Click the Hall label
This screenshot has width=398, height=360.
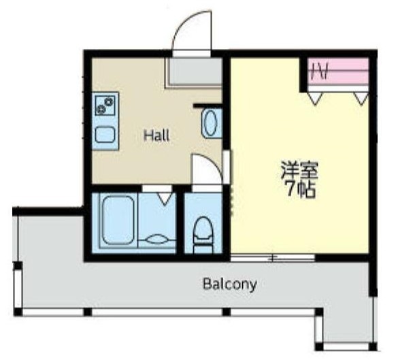(x=156, y=135)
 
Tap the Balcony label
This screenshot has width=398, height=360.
(x=229, y=284)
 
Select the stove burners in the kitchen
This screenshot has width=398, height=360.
(x=105, y=106)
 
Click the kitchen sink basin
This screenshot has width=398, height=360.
(x=105, y=133)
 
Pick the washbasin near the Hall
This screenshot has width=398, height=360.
(x=210, y=124)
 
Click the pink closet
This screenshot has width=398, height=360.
(x=338, y=71)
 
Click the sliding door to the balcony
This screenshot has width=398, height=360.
(x=272, y=257)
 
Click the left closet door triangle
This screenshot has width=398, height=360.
(x=314, y=99)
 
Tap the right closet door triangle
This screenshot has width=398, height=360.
(x=361, y=99)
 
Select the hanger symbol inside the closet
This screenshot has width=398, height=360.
(x=321, y=71)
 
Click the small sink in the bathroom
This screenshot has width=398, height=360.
(x=156, y=238)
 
